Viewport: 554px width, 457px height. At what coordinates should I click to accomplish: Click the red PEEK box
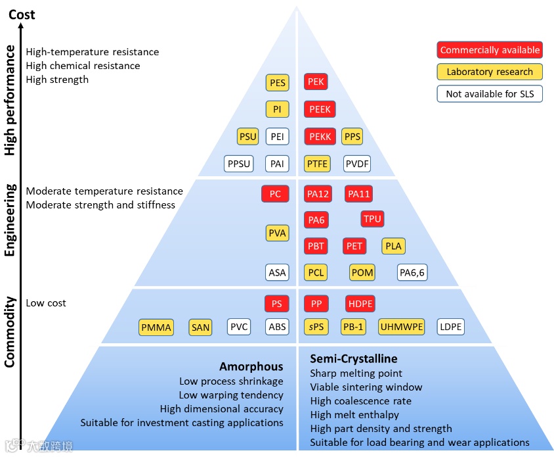(320, 109)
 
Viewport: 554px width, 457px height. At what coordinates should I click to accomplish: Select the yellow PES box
(278, 82)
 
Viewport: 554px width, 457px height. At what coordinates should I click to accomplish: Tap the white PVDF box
(358, 164)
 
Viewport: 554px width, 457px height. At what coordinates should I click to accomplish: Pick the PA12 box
(318, 194)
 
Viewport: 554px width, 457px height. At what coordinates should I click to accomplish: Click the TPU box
(372, 219)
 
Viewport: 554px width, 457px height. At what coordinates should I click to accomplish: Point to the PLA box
(393, 247)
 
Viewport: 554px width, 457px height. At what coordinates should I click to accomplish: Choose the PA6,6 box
(412, 272)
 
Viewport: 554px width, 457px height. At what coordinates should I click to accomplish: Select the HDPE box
(360, 304)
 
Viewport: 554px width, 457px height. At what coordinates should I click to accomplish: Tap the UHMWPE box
(401, 327)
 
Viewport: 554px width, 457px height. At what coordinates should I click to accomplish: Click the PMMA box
(156, 327)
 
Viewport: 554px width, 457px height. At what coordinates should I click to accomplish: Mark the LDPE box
(451, 327)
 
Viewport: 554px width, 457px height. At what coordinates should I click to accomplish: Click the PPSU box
(238, 164)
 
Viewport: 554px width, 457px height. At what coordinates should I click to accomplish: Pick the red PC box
(275, 194)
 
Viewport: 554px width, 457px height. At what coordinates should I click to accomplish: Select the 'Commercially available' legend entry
(490, 50)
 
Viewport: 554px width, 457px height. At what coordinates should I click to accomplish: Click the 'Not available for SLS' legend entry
(490, 94)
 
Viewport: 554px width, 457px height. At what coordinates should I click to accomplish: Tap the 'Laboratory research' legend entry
(490, 72)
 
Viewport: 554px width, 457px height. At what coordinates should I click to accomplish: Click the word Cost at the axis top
(22, 14)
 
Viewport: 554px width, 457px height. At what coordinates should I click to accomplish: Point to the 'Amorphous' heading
(251, 366)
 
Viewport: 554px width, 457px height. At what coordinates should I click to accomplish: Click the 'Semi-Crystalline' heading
(354, 359)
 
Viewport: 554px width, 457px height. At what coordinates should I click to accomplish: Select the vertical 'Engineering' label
(10, 220)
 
